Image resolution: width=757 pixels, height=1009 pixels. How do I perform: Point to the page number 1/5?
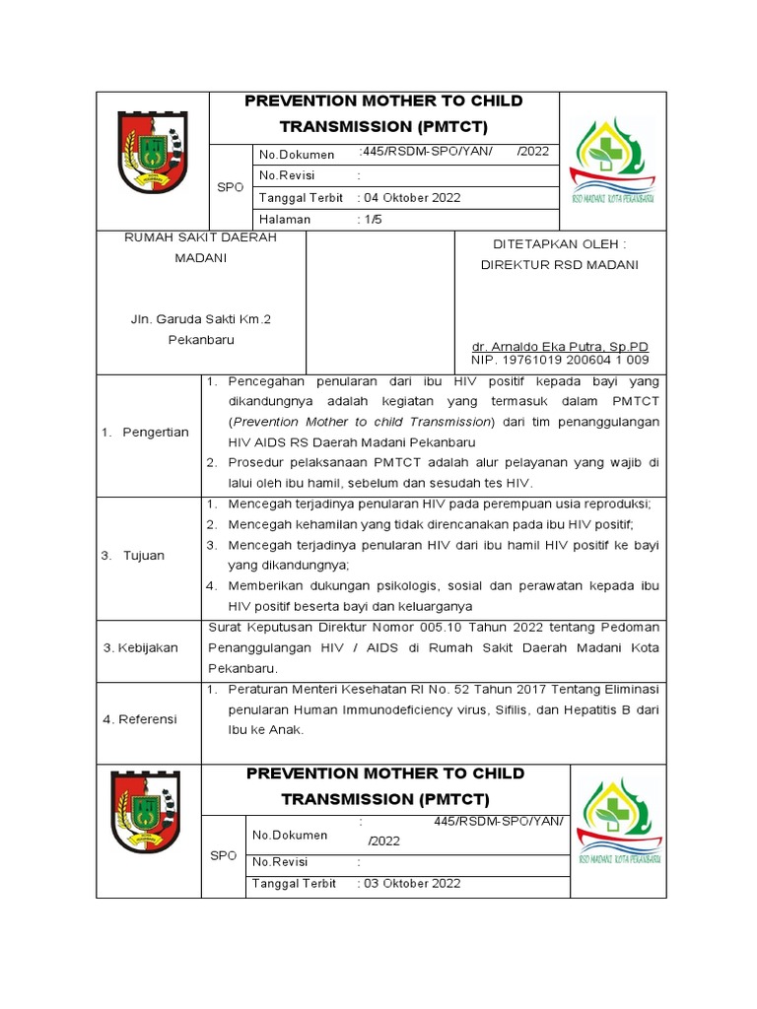pos(370,220)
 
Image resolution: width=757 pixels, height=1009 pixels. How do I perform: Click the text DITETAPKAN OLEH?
pos(558,243)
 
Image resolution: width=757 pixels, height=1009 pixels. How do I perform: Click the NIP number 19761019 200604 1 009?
pos(560,360)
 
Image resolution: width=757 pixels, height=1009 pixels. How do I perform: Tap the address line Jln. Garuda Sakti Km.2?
pos(200,320)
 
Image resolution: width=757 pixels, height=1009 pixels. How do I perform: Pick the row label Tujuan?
pos(144,556)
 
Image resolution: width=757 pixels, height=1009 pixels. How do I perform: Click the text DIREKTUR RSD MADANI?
pos(558,264)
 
